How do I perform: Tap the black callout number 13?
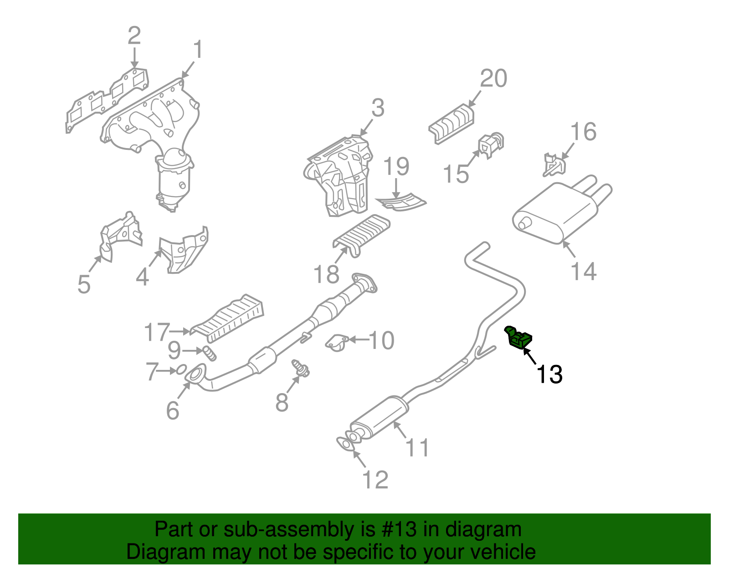point(549,374)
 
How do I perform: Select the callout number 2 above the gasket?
point(134,36)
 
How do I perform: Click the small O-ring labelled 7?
point(181,369)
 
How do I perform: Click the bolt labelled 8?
point(300,368)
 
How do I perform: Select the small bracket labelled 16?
point(553,165)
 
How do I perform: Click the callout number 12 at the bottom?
point(375,480)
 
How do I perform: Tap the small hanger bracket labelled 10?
point(337,342)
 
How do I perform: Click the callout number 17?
point(156,332)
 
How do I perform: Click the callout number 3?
point(378,108)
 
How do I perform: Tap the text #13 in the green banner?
point(397,530)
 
